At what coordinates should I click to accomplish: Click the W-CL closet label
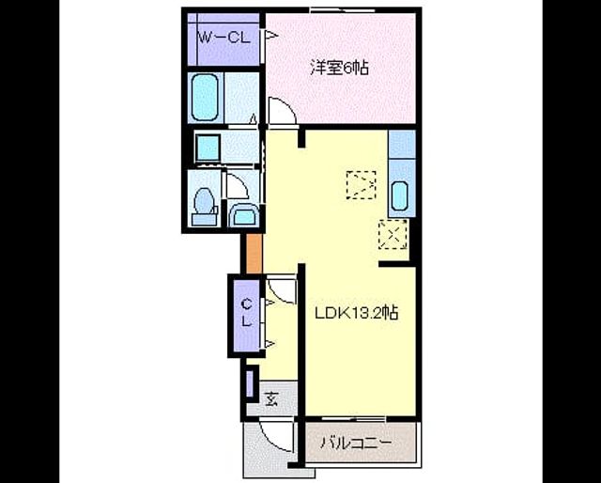223,38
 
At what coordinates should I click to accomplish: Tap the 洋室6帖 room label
340,68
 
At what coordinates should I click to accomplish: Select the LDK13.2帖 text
357,313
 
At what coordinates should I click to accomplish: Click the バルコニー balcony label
356,443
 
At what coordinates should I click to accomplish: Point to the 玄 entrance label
271,399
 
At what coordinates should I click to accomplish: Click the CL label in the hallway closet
246,313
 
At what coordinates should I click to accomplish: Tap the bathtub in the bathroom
205,97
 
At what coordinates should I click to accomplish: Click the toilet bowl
204,200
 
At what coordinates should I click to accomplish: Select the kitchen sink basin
399,195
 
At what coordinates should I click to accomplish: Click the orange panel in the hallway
254,254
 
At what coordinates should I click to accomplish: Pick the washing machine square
208,148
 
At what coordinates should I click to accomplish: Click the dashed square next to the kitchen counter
361,185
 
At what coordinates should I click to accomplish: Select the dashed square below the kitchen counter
393,234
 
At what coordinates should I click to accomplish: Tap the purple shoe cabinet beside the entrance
250,383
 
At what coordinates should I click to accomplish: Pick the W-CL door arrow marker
271,36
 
